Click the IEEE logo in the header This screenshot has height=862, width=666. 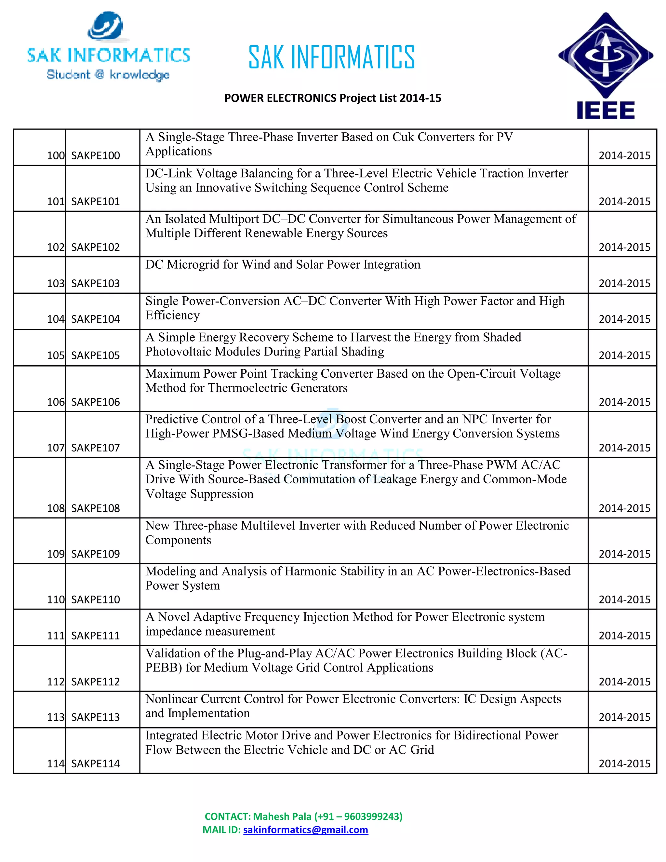pos(605,66)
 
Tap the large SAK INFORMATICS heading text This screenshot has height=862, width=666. pos(331,58)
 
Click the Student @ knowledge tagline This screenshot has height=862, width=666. pos(108,74)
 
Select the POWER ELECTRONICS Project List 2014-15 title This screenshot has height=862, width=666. pos(333,98)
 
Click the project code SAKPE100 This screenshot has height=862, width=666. pos(96,155)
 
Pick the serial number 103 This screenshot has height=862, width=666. pos(56,283)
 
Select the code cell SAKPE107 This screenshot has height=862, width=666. pos(96,448)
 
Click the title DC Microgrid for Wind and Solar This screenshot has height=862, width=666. pos(283,264)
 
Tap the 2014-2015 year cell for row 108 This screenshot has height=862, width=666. pos(624,508)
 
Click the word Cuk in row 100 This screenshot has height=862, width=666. pos(403,137)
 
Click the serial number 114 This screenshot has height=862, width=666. pos(56,763)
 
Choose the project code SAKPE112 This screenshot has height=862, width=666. pos(96,681)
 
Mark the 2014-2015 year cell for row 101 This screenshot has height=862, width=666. pos(624,201)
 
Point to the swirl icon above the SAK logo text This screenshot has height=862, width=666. pos(106,26)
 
